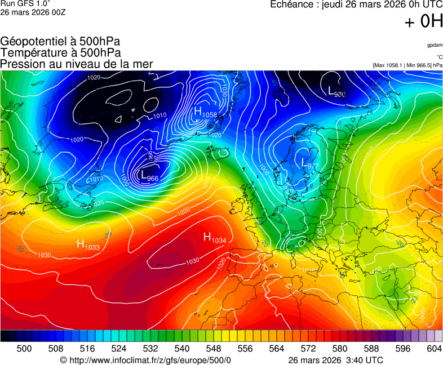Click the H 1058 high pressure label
205,113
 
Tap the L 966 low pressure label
149,176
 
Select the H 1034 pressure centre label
214,238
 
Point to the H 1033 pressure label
88,245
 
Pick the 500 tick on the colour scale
24,349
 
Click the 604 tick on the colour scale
434,349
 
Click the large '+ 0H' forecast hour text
423,21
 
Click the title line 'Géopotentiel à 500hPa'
60,42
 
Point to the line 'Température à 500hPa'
60,52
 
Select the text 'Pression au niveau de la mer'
77,64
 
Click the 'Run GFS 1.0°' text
25,4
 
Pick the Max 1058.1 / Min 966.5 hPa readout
407,65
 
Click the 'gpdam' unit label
434,45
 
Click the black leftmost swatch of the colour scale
5,336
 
